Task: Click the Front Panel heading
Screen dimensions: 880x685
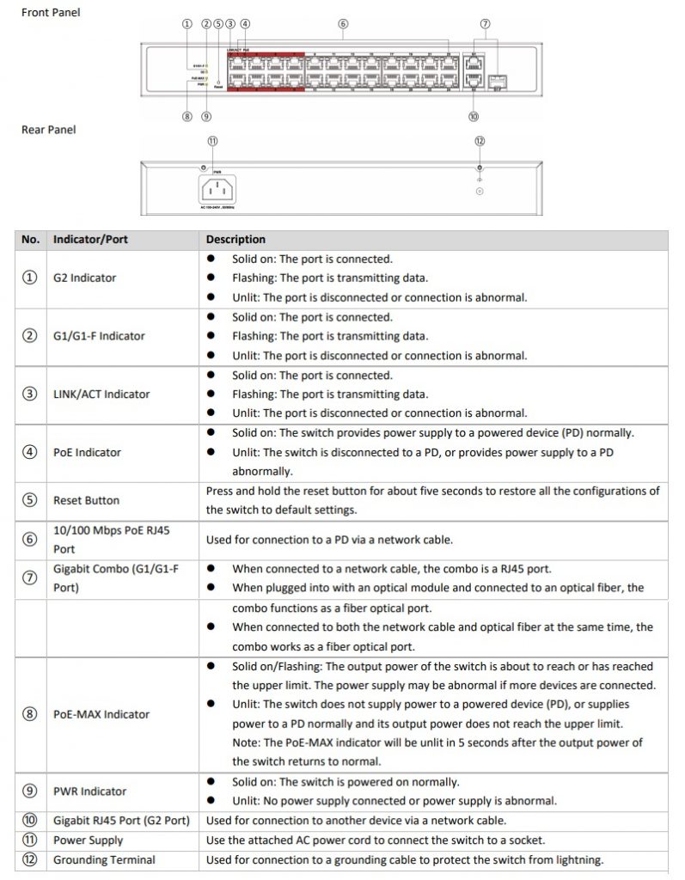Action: [51, 13]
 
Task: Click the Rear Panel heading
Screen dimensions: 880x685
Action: [48, 130]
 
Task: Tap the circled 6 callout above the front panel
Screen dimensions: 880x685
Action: [343, 24]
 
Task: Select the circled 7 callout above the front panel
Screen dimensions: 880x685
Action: [485, 24]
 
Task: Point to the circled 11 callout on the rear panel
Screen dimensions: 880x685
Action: [212, 141]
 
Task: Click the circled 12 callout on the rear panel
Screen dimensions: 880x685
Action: [479, 141]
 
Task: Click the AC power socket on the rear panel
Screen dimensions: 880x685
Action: [217, 189]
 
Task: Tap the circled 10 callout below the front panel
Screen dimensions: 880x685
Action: [474, 116]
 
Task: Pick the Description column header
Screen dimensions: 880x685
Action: [235, 239]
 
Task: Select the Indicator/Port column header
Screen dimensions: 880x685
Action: [90, 239]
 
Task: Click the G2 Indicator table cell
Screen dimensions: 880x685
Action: [84, 278]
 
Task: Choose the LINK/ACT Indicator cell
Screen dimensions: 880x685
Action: [101, 394]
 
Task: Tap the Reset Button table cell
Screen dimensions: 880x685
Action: [86, 500]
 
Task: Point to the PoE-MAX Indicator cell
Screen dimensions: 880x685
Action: [101, 714]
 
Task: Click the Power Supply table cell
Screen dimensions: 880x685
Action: [88, 840]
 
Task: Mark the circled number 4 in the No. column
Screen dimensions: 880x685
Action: [31, 452]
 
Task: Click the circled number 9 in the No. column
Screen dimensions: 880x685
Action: [31, 791]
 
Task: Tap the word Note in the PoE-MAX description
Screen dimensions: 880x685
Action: [246, 742]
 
